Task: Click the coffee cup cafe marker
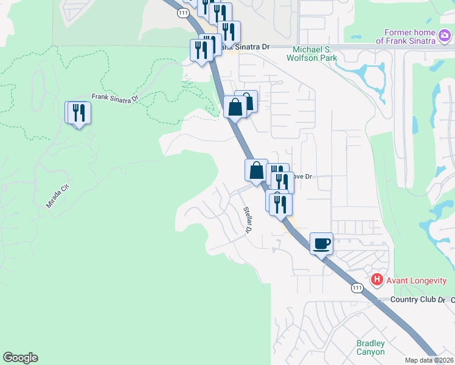(x=322, y=244)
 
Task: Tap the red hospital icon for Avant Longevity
(x=377, y=280)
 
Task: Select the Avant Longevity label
(x=415, y=280)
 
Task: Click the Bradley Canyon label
(x=370, y=347)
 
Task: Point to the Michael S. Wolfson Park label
(x=314, y=53)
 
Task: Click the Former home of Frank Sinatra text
(x=405, y=36)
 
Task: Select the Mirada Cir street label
(x=58, y=198)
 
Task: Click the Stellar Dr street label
(x=248, y=220)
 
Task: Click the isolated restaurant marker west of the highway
(x=78, y=113)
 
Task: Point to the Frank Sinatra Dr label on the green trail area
(x=115, y=97)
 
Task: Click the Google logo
(x=20, y=358)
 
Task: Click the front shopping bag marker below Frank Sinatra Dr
(x=235, y=108)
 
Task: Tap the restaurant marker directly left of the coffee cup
(x=281, y=204)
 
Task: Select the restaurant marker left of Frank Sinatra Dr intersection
(x=201, y=50)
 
